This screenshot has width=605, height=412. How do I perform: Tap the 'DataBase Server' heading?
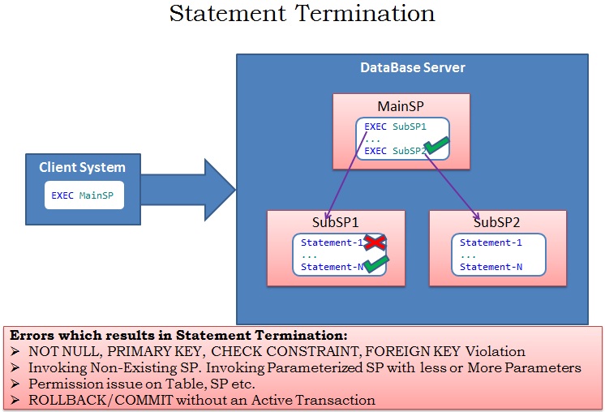(412, 67)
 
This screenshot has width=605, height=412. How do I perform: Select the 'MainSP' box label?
(401, 106)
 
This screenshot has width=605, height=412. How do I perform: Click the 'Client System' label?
(83, 168)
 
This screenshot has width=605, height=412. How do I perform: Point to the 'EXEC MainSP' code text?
(83, 196)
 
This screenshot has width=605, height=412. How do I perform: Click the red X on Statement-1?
(372, 242)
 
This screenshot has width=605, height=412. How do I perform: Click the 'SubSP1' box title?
(336, 222)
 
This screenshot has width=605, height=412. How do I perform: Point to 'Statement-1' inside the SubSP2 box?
(491, 242)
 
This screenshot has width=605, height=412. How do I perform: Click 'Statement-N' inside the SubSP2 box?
(491, 267)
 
